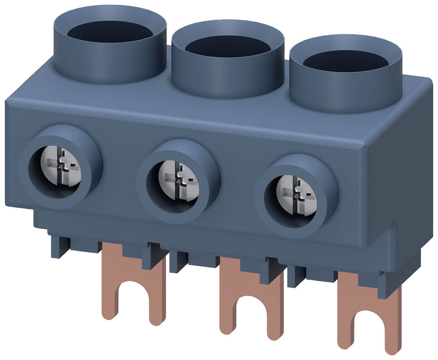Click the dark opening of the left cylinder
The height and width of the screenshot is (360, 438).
pyautogui.click(x=110, y=31)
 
